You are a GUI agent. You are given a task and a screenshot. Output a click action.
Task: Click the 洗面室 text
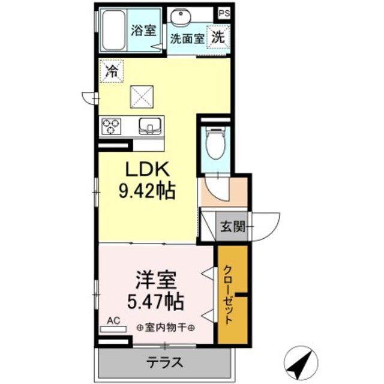pyautogui.click(x=187, y=40)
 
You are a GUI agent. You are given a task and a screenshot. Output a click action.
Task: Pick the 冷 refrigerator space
pyautogui.click(x=112, y=71)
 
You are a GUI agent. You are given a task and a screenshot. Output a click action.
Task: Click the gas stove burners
pyautogui.click(x=112, y=126)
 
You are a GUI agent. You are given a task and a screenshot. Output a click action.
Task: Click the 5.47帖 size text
pyautogui.click(x=154, y=299)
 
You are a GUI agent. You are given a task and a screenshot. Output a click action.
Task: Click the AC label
pyautogui.click(x=113, y=322)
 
